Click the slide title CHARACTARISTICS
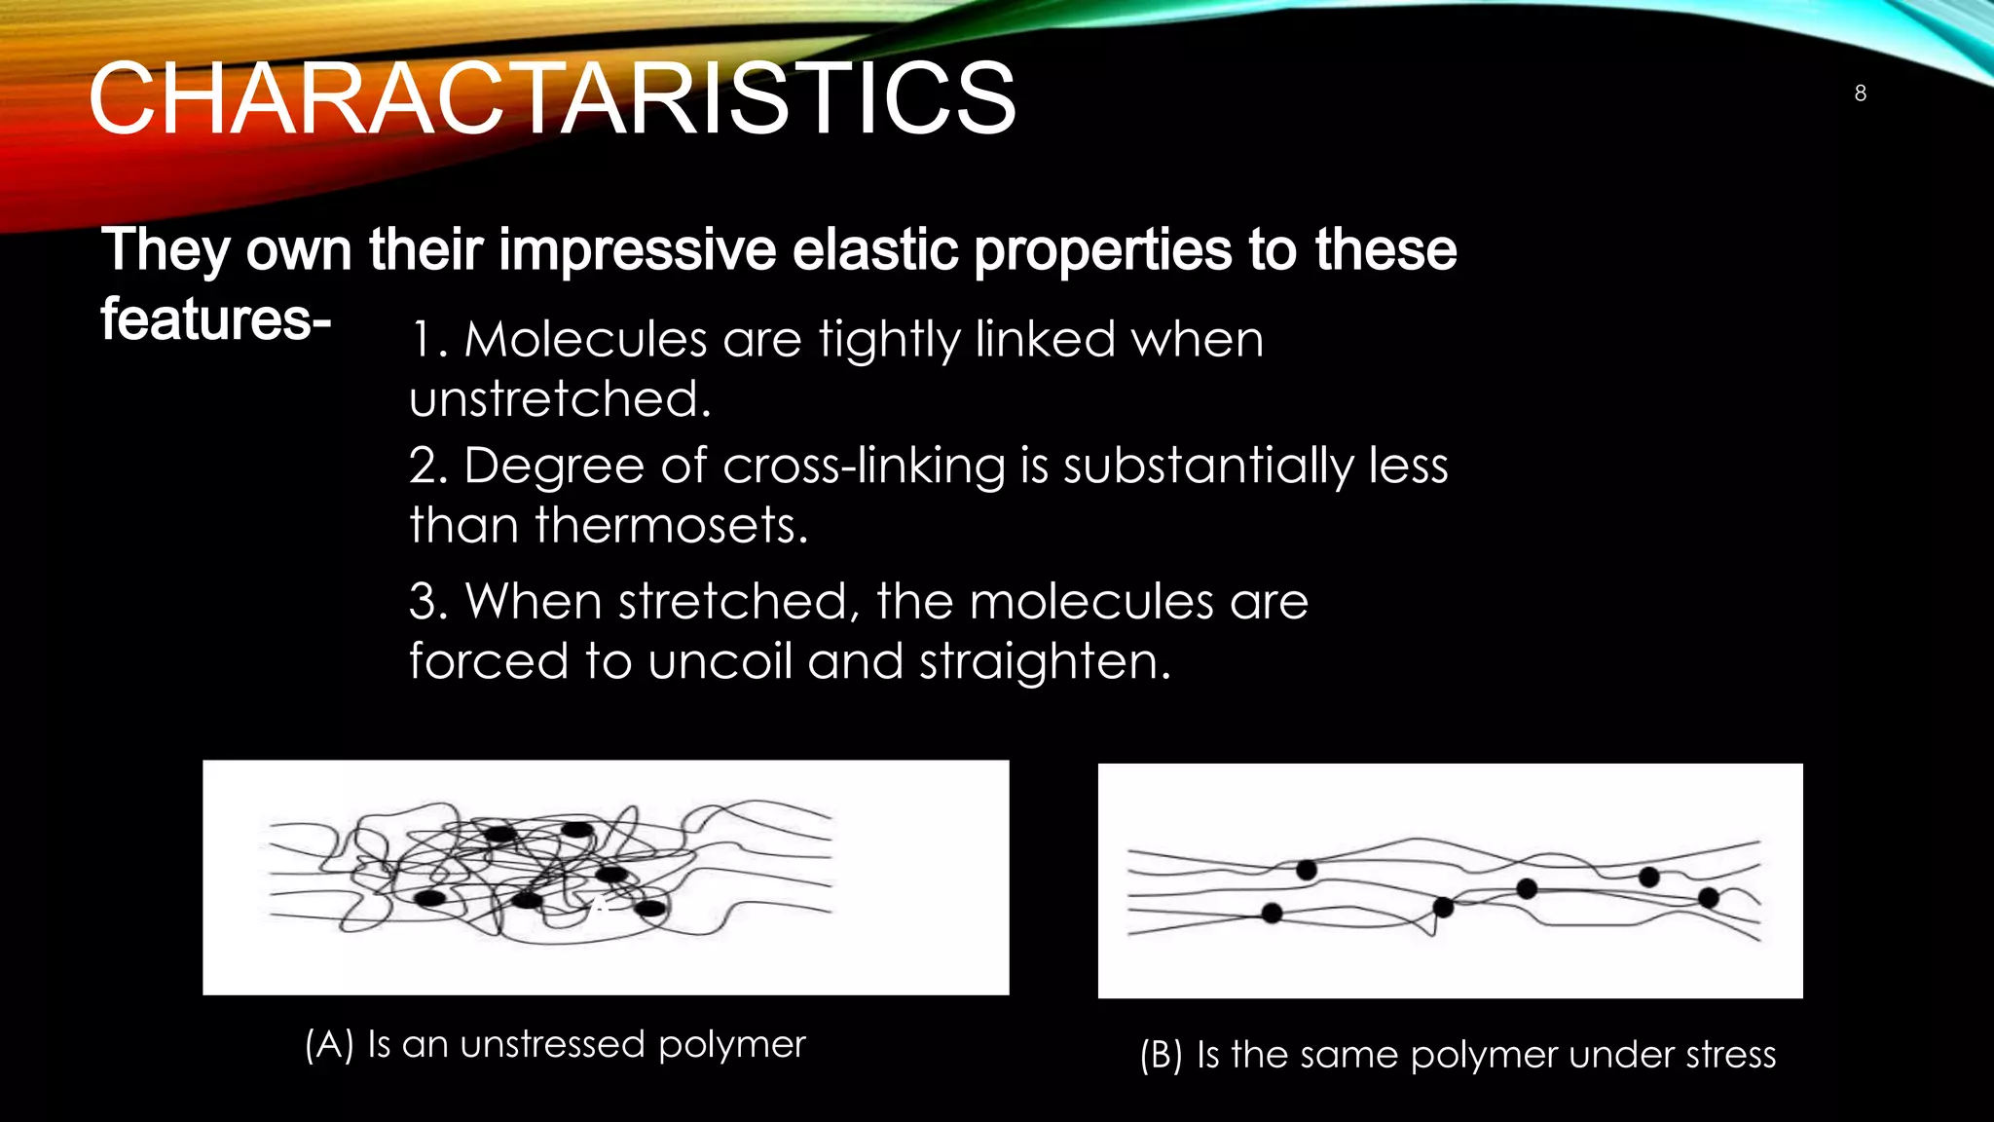pos(551,98)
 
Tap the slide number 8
pos(1860,93)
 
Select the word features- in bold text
pos(215,319)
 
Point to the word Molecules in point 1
pos(585,340)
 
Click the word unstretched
pos(559,399)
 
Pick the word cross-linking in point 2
pos(864,466)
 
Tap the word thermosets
pos(671,526)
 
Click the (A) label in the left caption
pos(328,1045)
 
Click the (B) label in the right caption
pos(1162,1055)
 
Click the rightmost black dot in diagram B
pos(1708,897)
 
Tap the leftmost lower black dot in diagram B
pos(1272,913)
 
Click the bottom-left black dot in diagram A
pos(430,897)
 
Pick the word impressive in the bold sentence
pos(637,249)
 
